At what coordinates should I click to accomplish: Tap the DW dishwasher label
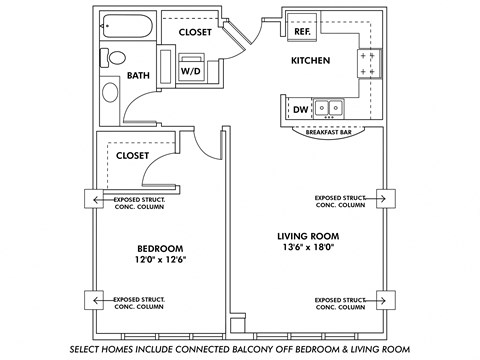(x=300, y=110)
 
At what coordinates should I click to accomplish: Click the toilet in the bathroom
(x=114, y=59)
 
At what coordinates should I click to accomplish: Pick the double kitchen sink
(x=328, y=108)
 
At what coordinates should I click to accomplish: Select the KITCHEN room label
(x=310, y=61)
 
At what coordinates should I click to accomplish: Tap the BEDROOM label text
(x=159, y=247)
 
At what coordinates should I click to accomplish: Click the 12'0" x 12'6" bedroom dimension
(x=159, y=260)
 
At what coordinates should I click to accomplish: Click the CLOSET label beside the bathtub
(x=195, y=32)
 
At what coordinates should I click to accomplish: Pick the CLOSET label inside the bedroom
(x=132, y=156)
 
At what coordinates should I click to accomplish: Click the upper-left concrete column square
(x=96, y=200)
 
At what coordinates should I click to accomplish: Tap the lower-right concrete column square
(x=382, y=299)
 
